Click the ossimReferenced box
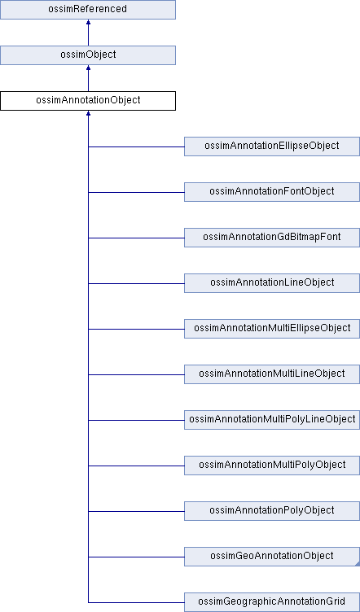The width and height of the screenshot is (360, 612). pyautogui.click(x=88, y=10)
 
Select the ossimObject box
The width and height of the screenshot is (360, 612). pyautogui.click(x=88, y=55)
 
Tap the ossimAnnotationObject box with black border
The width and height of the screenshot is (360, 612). pyautogui.click(x=88, y=101)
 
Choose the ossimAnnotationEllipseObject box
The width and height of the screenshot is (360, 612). pyautogui.click(x=272, y=146)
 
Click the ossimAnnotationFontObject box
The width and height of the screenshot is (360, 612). pyautogui.click(x=272, y=192)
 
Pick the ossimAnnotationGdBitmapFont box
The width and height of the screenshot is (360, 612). pyautogui.click(x=272, y=238)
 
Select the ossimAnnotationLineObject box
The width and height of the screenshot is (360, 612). pyautogui.click(x=272, y=283)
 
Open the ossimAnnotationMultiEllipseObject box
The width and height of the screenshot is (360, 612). pyautogui.click(x=272, y=329)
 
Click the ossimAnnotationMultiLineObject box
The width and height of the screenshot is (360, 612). pyautogui.click(x=272, y=374)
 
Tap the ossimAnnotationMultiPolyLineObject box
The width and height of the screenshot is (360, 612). pyautogui.click(x=272, y=420)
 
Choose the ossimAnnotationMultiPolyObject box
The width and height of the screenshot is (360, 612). pyautogui.click(x=272, y=466)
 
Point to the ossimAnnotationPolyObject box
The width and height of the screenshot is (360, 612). pyautogui.click(x=272, y=511)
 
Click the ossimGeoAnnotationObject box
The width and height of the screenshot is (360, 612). pyautogui.click(x=272, y=557)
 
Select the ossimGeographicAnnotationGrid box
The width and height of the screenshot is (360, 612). pyautogui.click(x=272, y=602)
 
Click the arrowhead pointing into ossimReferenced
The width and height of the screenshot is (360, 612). pyautogui.click(x=88, y=22)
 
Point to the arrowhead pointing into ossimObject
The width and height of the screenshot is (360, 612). pyautogui.click(x=88, y=68)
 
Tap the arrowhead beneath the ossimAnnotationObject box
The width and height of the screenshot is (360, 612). pyautogui.click(x=88, y=113)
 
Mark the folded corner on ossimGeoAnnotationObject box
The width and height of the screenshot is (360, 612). pyautogui.click(x=358, y=564)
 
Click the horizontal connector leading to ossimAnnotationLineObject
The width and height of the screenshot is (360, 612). pyautogui.click(x=136, y=283)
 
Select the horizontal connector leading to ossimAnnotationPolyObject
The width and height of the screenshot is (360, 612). pyautogui.click(x=136, y=511)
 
